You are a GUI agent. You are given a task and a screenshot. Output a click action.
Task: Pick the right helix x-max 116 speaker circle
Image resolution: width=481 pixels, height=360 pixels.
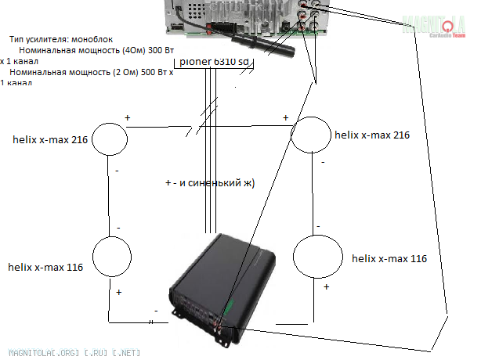[x=317, y=259]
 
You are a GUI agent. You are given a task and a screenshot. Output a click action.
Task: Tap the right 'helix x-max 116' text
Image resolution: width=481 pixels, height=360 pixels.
[x=389, y=258]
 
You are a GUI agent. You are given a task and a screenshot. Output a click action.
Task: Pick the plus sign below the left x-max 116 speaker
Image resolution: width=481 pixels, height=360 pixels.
[x=119, y=292]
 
